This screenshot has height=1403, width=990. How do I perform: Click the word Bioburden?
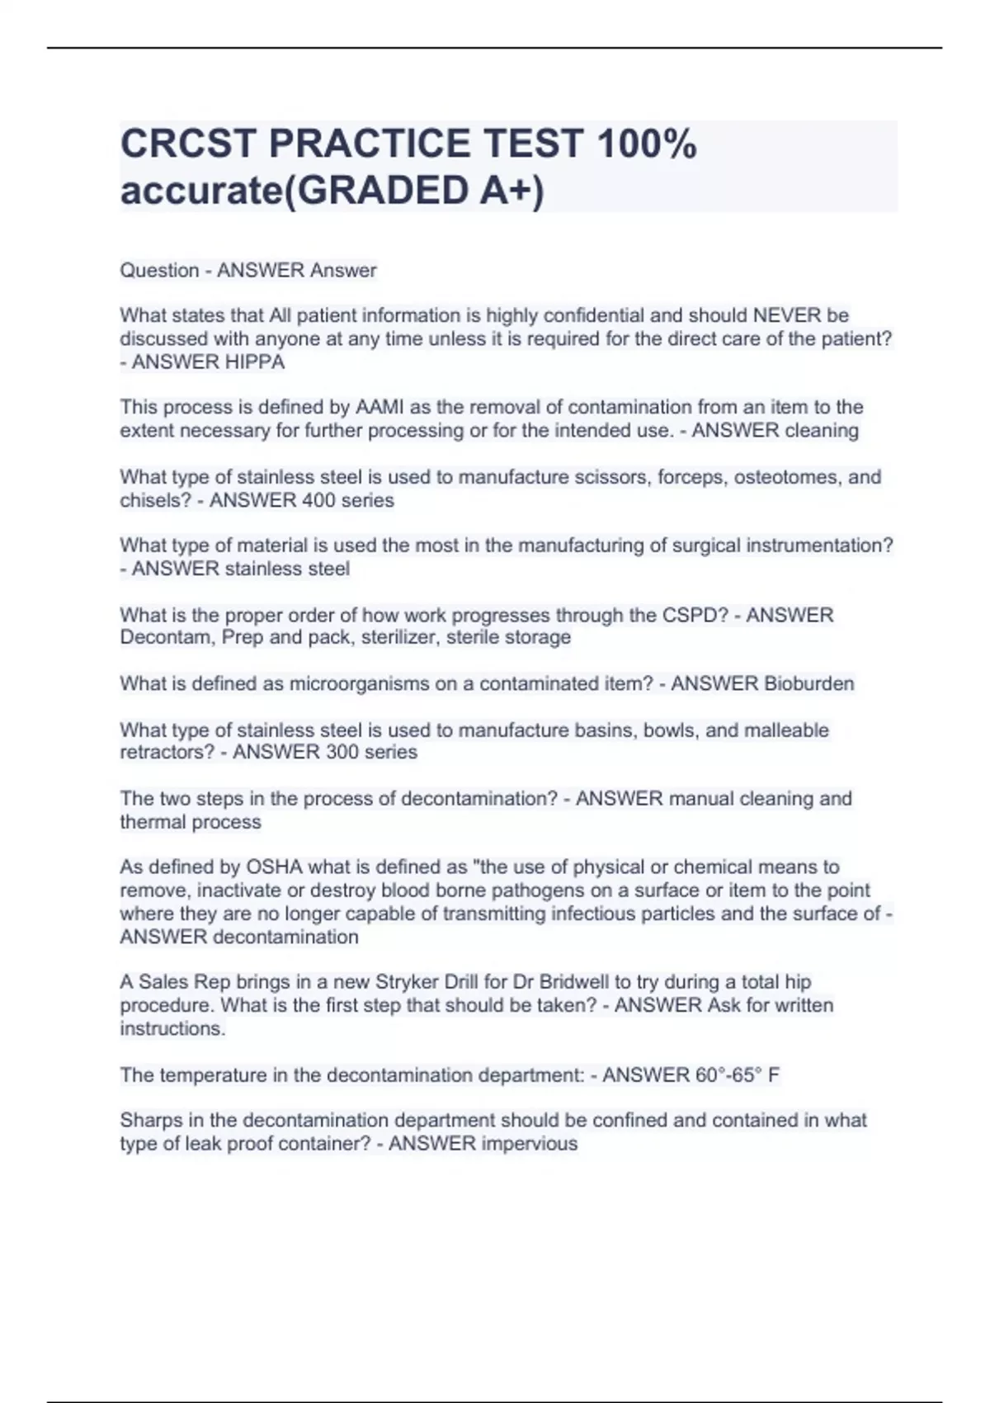point(808,683)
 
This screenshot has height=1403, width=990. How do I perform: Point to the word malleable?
point(786,730)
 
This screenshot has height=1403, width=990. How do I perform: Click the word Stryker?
point(407,982)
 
